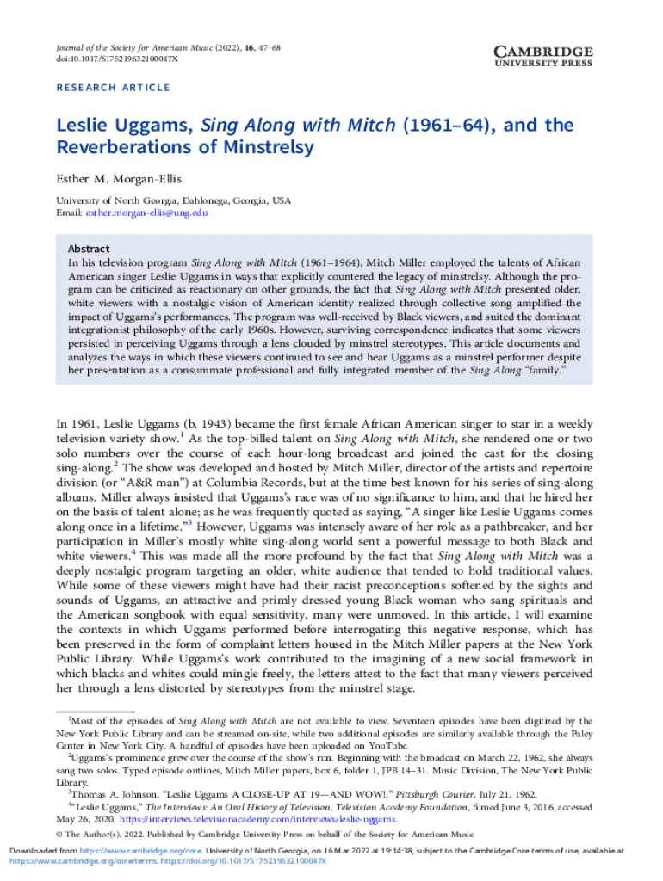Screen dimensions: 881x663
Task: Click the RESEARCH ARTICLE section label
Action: (113, 88)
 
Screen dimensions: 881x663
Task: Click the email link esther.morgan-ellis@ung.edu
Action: (146, 212)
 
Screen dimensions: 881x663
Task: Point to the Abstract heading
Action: (89, 249)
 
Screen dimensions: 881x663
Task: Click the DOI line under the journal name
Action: (116, 59)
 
